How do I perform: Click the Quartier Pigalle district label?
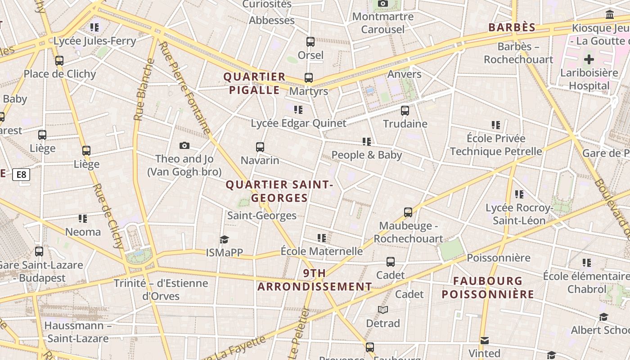[255, 83]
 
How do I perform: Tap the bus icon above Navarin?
[260, 147]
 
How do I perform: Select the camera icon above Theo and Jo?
[184, 145]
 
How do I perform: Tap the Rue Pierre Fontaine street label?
[184, 88]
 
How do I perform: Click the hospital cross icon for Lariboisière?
[589, 59]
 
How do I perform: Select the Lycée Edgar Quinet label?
[298, 123]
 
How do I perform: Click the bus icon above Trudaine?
[405, 110]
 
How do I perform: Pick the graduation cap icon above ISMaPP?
[224, 239]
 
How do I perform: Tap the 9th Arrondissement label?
[315, 280]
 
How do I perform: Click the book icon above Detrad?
[383, 310]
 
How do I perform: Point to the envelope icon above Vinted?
[484, 340]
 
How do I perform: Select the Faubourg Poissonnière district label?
[488, 288]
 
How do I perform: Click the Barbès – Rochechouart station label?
[518, 53]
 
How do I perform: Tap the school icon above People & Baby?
[367, 142]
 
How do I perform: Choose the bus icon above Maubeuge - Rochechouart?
[408, 212]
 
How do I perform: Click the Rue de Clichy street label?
[108, 216]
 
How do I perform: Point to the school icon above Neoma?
[83, 219]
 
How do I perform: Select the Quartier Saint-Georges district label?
[279, 191]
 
